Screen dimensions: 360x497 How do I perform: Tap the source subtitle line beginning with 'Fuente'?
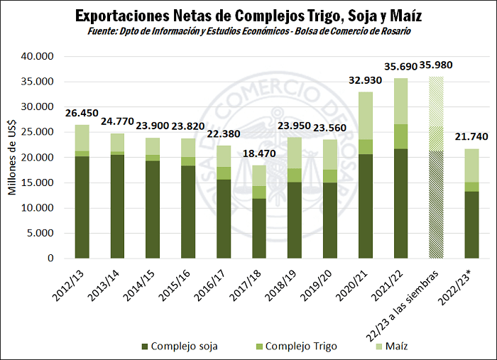[248, 31]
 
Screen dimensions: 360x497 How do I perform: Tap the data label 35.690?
[401, 65]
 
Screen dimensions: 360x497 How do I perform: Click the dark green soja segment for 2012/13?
[82, 207]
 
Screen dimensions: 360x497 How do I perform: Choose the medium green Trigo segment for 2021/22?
[401, 136]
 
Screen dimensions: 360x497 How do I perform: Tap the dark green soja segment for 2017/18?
[260, 228]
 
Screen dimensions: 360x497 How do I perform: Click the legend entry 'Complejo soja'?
[182, 346]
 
